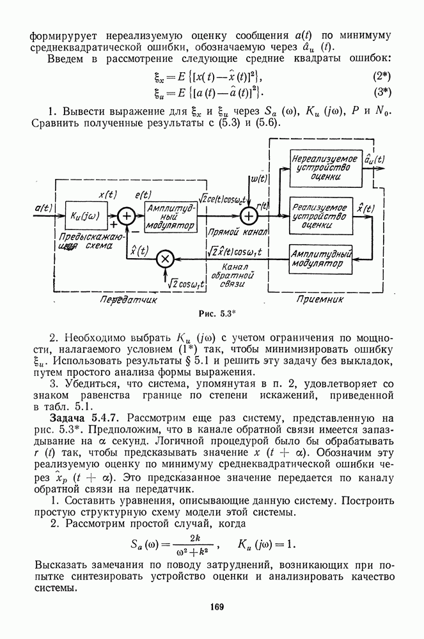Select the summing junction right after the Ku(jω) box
[x=127, y=216]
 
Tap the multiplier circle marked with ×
[x=165, y=258]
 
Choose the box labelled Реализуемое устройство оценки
[x=320, y=215]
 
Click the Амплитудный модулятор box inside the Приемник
[x=320, y=258]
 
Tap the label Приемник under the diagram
[x=321, y=298]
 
